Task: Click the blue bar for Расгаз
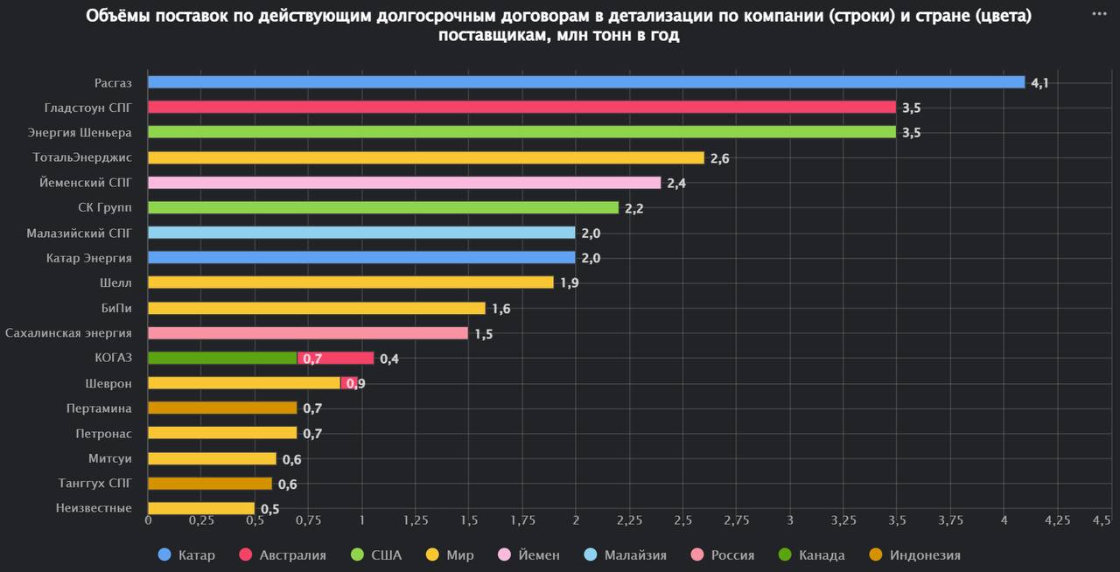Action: (x=586, y=82)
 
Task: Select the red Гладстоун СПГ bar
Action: (x=521, y=108)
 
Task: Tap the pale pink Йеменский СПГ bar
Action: (x=404, y=183)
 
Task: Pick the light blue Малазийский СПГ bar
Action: (x=361, y=233)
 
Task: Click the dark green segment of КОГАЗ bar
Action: (x=222, y=358)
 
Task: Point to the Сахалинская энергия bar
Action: (x=308, y=333)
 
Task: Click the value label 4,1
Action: (x=1039, y=83)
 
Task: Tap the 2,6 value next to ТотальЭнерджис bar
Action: (x=719, y=158)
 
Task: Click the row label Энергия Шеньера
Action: (x=80, y=133)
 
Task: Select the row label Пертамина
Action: (x=99, y=408)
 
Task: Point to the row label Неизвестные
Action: (x=94, y=508)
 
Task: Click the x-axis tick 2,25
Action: (x=629, y=520)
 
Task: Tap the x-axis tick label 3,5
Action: (x=897, y=520)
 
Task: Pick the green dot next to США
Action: (x=357, y=555)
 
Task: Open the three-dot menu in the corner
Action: (x=1099, y=13)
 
